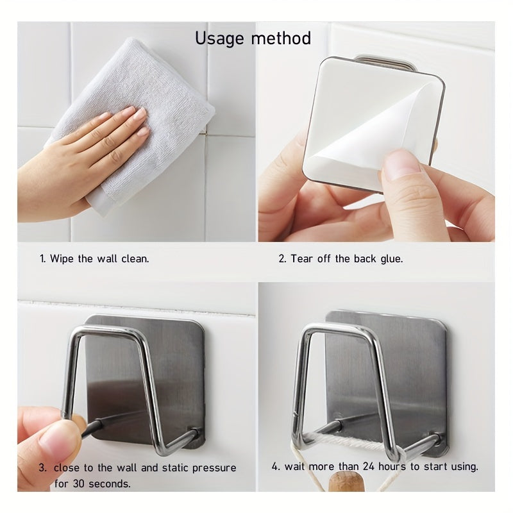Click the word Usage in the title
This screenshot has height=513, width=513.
tap(219, 38)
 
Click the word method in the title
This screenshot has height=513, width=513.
tap(281, 38)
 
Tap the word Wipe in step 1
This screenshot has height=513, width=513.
tap(62, 259)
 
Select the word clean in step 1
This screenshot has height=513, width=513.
tap(135, 259)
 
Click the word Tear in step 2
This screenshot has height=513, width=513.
tap(301, 259)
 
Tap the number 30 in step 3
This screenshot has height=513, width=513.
tap(78, 484)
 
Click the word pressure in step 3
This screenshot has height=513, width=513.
tap(214, 468)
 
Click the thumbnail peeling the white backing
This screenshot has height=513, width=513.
tap(401, 165)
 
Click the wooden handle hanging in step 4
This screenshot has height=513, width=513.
tap(346, 482)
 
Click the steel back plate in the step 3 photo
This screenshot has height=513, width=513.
tap(144, 380)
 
